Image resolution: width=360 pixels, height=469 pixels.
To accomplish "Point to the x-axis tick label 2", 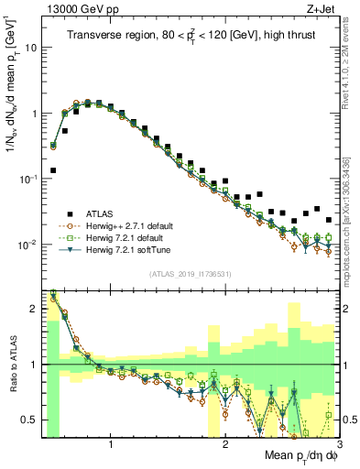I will [225, 444].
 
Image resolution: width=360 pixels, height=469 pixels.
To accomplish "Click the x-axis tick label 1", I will [111, 444].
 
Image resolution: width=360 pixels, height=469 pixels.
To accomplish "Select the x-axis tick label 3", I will [338, 444].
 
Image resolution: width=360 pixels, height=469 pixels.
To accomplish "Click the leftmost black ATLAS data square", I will [53, 170].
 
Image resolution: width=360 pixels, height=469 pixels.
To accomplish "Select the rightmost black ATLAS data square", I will [329, 220].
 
